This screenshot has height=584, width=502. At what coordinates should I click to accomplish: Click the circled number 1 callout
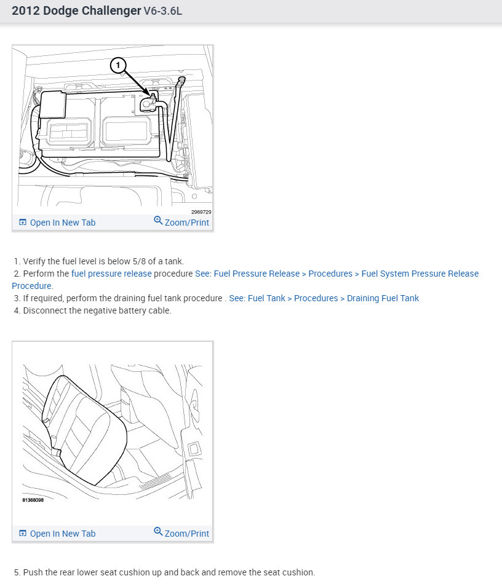pyautogui.click(x=118, y=66)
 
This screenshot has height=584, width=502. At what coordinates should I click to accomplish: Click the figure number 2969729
pyautogui.click(x=201, y=212)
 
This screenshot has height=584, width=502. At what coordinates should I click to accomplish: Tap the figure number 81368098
pyautogui.click(x=33, y=500)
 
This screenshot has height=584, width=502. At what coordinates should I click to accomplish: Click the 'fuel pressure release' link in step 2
pyautogui.click(x=111, y=274)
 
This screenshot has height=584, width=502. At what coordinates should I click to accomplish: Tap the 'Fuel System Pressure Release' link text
pyautogui.click(x=420, y=274)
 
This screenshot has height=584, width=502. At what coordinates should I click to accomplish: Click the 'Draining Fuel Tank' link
pyautogui.click(x=383, y=298)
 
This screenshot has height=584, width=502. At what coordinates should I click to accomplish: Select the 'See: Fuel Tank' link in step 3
pyautogui.click(x=257, y=298)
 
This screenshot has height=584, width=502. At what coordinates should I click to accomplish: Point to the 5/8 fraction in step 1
pyautogui.click(x=139, y=261)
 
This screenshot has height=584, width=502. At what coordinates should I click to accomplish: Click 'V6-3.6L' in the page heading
pyautogui.click(x=163, y=11)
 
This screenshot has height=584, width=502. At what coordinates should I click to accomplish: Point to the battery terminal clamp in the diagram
pyautogui.click(x=148, y=103)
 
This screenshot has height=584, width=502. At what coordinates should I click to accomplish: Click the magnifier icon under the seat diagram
pyautogui.click(x=158, y=532)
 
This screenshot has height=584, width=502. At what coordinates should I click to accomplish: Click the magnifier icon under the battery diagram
pyautogui.click(x=158, y=221)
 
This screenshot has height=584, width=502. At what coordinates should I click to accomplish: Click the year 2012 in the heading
pyautogui.click(x=26, y=11)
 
